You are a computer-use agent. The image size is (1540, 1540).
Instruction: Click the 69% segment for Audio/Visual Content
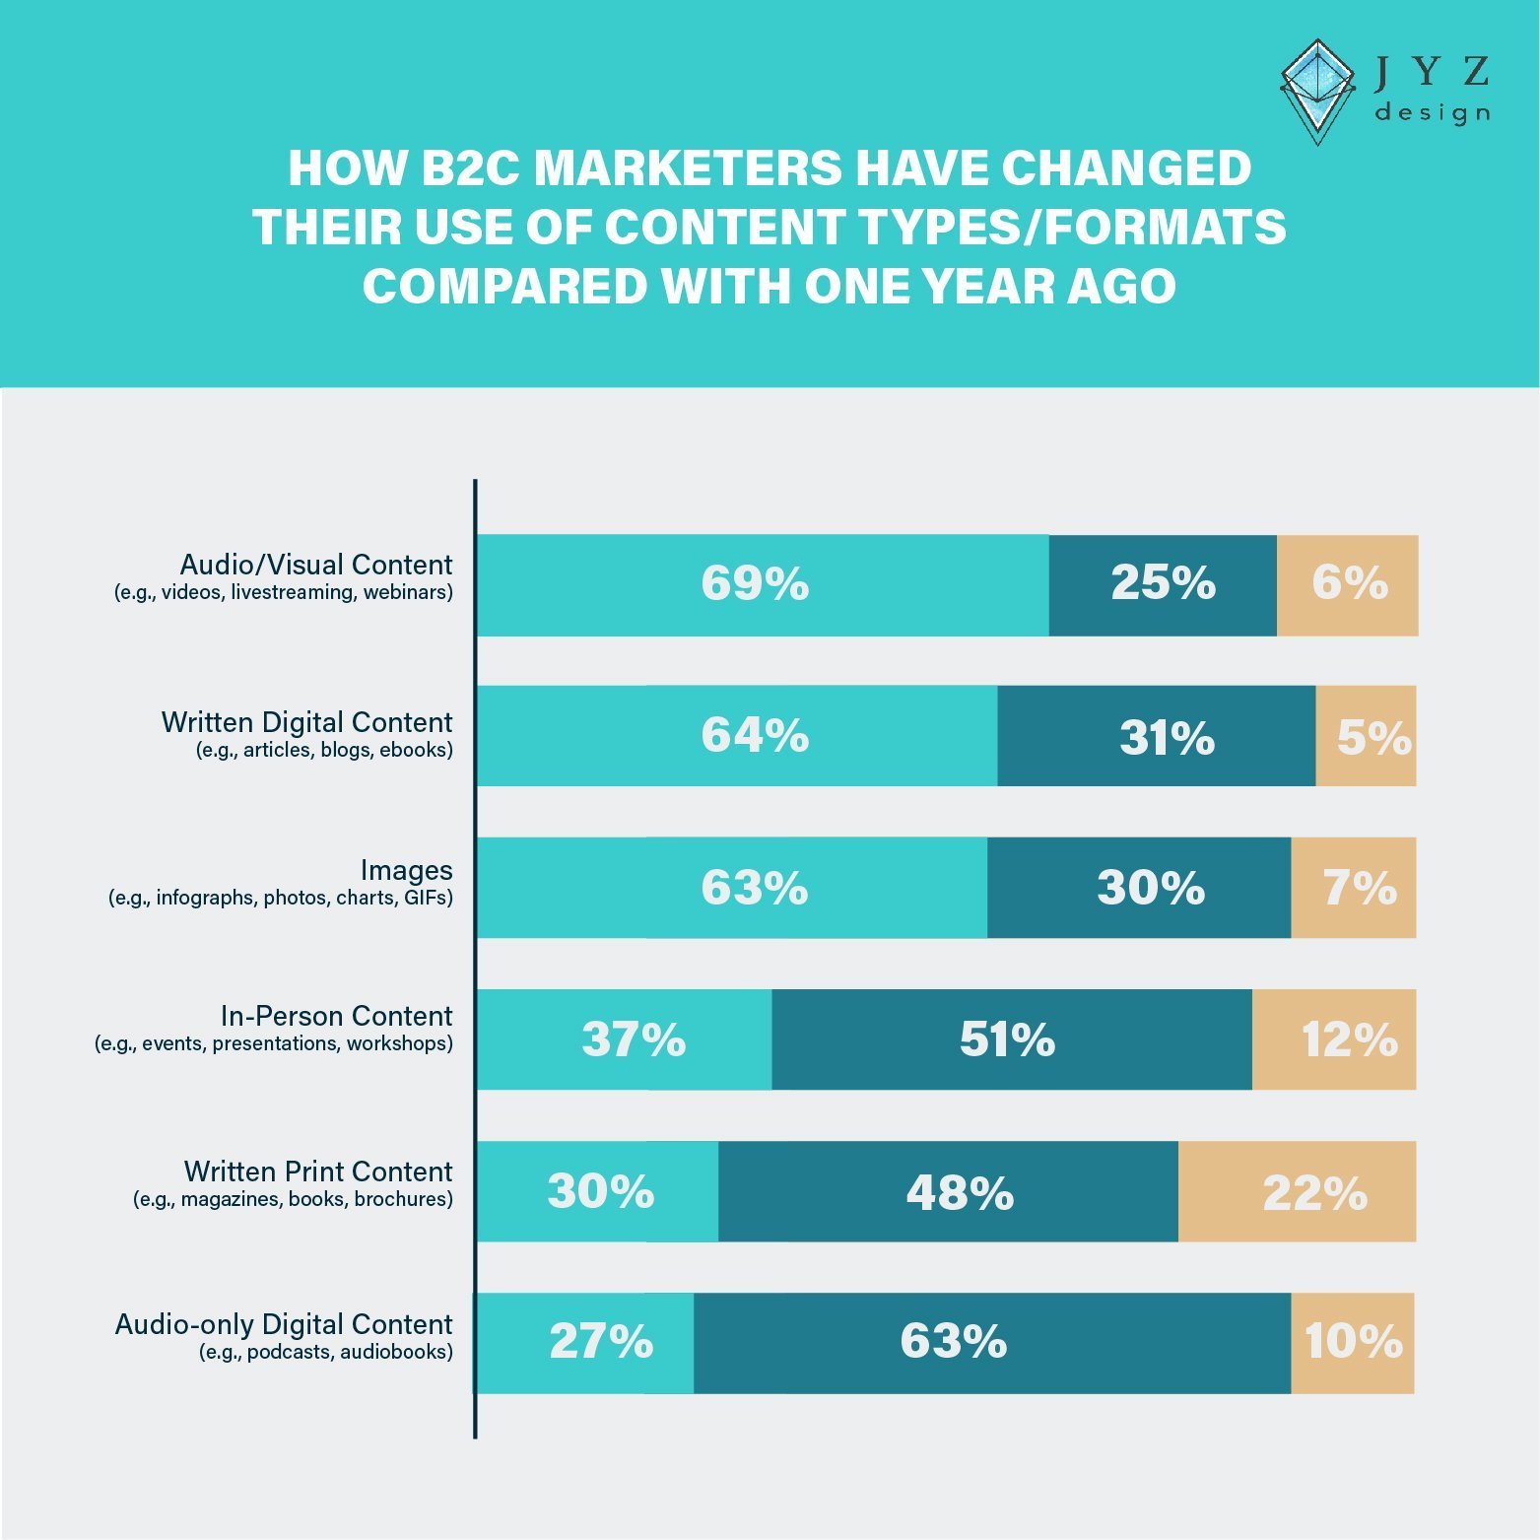coord(763,585)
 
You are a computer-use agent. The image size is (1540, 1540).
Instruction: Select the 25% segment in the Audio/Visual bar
coord(1163,585)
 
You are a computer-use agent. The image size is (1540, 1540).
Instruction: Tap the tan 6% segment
coord(1348,585)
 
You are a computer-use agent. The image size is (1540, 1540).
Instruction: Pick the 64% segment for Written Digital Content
coord(737,736)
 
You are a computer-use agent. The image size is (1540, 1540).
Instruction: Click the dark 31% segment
coord(1156,736)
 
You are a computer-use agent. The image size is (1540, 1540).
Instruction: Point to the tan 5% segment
coord(1366,736)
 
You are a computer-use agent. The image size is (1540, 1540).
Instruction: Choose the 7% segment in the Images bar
coord(1354,888)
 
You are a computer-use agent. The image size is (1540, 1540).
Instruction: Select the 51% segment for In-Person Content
coord(1012,1039)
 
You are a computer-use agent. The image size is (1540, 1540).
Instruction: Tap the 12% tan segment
coord(1334,1039)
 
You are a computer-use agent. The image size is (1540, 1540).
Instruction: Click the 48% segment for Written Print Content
coord(948,1191)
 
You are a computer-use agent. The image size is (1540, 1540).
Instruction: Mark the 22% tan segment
coord(1298,1191)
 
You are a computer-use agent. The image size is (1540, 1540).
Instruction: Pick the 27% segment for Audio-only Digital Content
coord(585,1343)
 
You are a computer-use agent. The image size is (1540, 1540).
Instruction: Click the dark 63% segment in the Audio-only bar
coord(992,1343)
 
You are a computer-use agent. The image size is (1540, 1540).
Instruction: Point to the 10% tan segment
coord(1353,1343)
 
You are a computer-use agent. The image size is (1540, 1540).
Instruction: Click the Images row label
coord(406,870)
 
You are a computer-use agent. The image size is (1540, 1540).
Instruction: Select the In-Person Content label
coord(336,1016)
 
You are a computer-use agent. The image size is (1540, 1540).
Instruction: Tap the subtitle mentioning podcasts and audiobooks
coord(326,1352)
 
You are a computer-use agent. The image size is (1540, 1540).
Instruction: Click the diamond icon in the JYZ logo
coord(1318,92)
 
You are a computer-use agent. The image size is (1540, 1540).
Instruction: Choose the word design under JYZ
coord(1432,112)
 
